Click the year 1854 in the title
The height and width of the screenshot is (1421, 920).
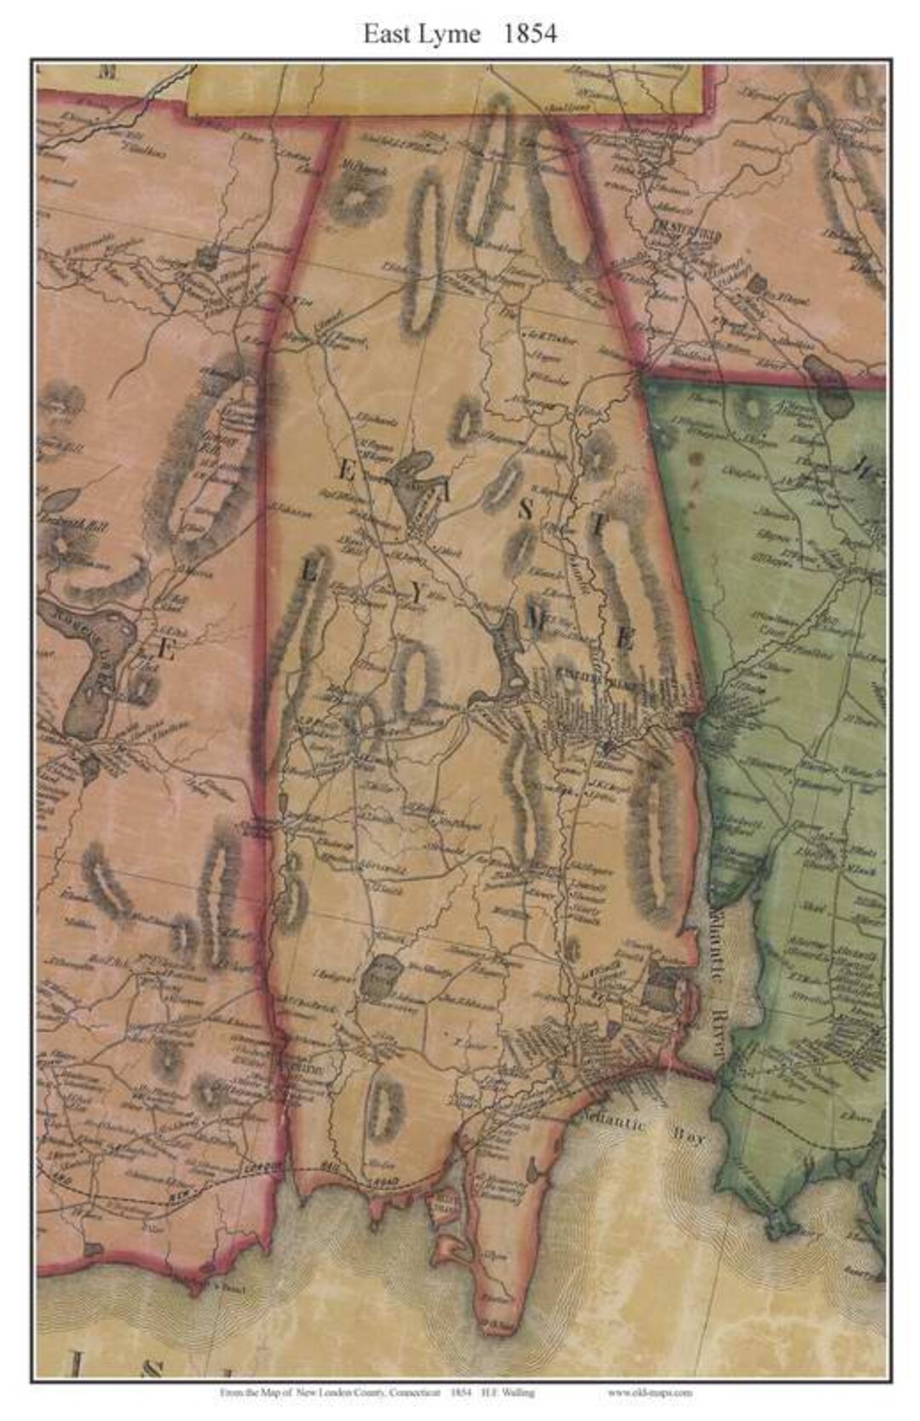(x=529, y=33)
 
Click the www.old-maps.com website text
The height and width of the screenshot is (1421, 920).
(x=649, y=1393)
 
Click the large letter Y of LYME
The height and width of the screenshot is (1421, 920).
(x=417, y=596)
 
